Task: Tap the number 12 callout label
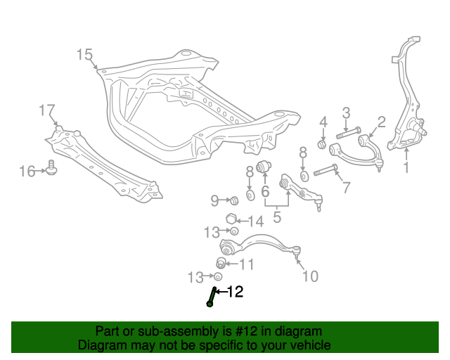(x=234, y=291)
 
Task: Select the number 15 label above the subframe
(x=84, y=54)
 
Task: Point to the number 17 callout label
(x=46, y=110)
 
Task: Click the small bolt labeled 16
(x=51, y=168)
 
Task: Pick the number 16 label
(x=27, y=171)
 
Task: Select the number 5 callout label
(x=277, y=218)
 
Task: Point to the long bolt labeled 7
(x=327, y=169)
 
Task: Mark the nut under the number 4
(x=323, y=144)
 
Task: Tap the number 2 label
(x=382, y=122)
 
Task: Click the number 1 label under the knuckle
(x=405, y=167)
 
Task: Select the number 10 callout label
(x=309, y=276)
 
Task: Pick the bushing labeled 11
(x=220, y=263)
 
